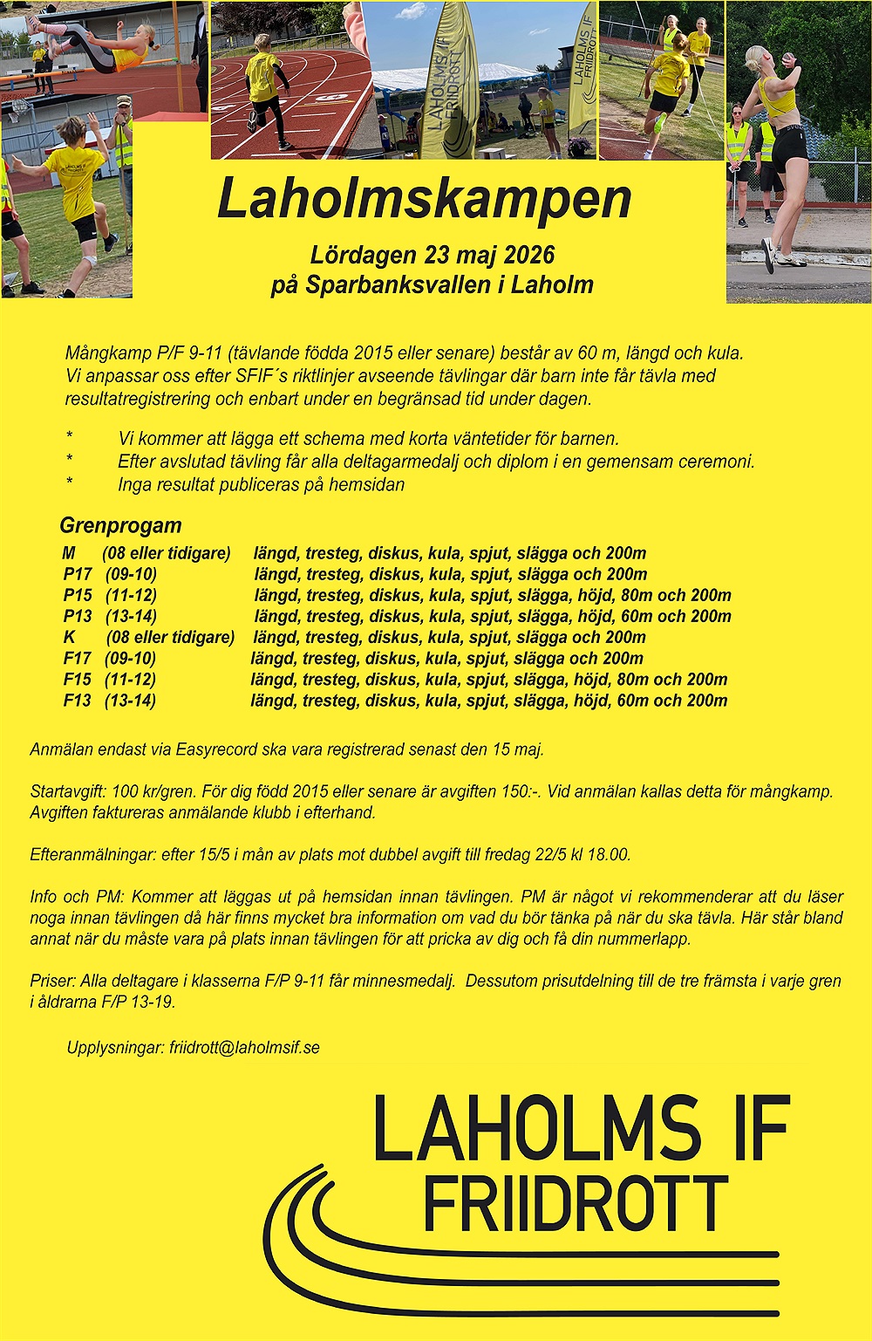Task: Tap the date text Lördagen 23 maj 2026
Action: pos(433,255)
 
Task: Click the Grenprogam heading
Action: pos(120,525)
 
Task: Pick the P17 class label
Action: pos(78,574)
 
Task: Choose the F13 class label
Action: pos(78,701)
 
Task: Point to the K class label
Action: pos(70,638)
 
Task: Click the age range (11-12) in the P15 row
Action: pos(131,595)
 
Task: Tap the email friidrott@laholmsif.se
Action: pos(244,1047)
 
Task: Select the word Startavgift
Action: pos(67,792)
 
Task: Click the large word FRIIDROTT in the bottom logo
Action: pos(576,1205)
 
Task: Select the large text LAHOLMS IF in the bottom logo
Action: pos(581,1129)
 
